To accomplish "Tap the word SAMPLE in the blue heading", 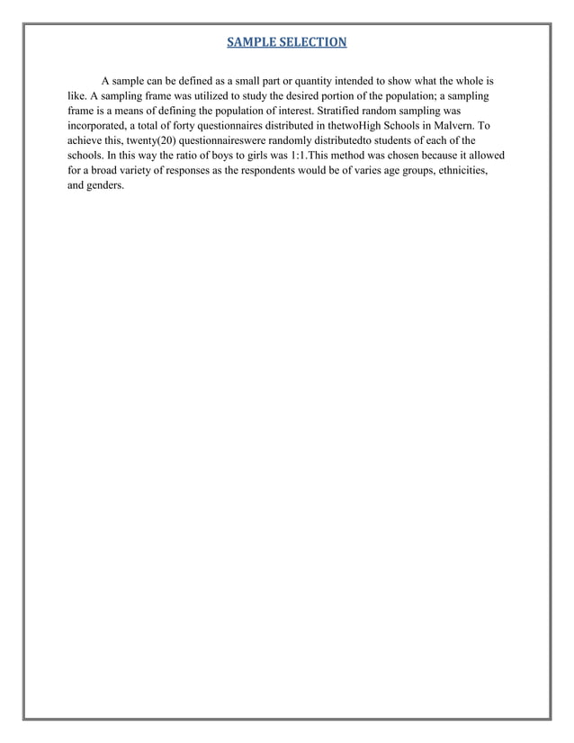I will pos(251,42).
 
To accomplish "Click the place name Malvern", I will pos(447,127).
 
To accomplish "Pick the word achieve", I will pos(87,142).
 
